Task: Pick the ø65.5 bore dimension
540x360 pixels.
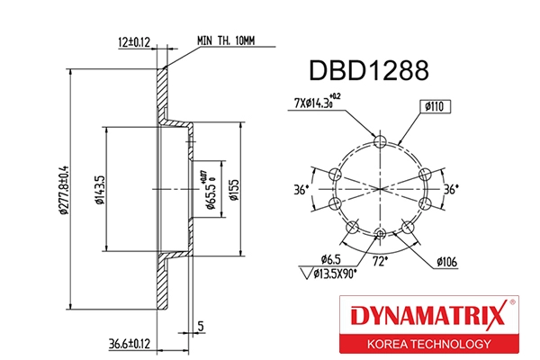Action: click(208, 191)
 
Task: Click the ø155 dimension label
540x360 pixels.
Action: click(232, 191)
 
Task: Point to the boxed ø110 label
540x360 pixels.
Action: click(436, 106)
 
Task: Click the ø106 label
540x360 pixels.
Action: click(447, 262)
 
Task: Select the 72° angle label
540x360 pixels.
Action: click(382, 263)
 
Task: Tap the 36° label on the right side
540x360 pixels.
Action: click(451, 190)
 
